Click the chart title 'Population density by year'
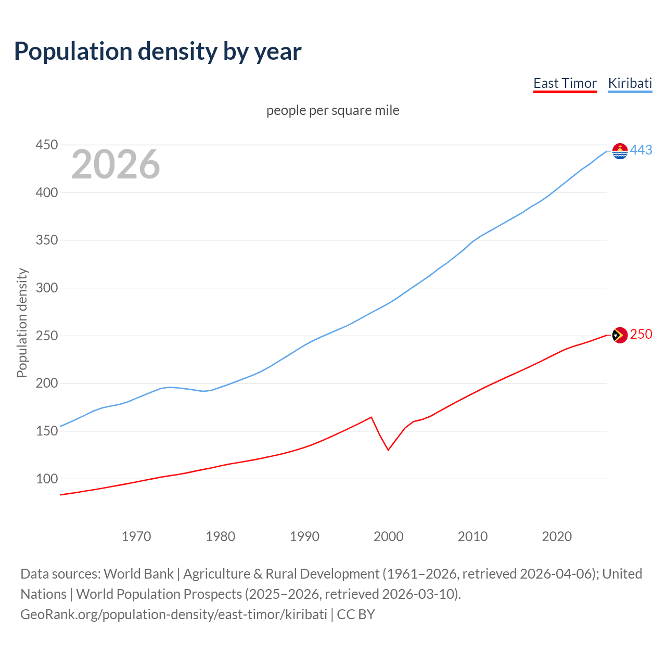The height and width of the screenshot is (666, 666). pyautogui.click(x=158, y=52)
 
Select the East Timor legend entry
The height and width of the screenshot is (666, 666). pyautogui.click(x=565, y=83)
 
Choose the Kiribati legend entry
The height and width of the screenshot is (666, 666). pyautogui.click(x=630, y=83)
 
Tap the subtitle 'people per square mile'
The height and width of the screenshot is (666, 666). pyautogui.click(x=332, y=111)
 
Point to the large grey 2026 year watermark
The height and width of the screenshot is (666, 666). pyautogui.click(x=116, y=164)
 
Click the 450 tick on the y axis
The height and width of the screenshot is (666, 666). pyautogui.click(x=46, y=145)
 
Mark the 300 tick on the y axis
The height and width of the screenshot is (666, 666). pyautogui.click(x=46, y=288)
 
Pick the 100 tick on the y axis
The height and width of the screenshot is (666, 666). pyautogui.click(x=46, y=479)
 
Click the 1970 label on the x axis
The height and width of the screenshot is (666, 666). pyautogui.click(x=136, y=536)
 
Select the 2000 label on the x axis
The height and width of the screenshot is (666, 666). pyautogui.click(x=389, y=536)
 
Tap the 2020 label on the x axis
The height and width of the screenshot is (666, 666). pyautogui.click(x=557, y=536)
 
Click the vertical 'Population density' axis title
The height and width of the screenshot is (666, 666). pyautogui.click(x=22, y=323)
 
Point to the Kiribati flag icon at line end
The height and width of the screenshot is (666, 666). pyautogui.click(x=620, y=151)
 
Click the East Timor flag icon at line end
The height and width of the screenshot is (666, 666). pyautogui.click(x=620, y=336)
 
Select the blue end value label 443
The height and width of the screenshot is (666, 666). pyautogui.click(x=641, y=150)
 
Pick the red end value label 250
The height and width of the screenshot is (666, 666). pyautogui.click(x=641, y=335)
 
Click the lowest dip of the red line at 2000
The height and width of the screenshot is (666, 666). pyautogui.click(x=388, y=450)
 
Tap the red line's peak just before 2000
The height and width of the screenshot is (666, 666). pyautogui.click(x=371, y=417)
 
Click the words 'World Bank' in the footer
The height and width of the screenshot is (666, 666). pyautogui.click(x=138, y=574)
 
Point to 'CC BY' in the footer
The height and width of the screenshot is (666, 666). pyautogui.click(x=356, y=614)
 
